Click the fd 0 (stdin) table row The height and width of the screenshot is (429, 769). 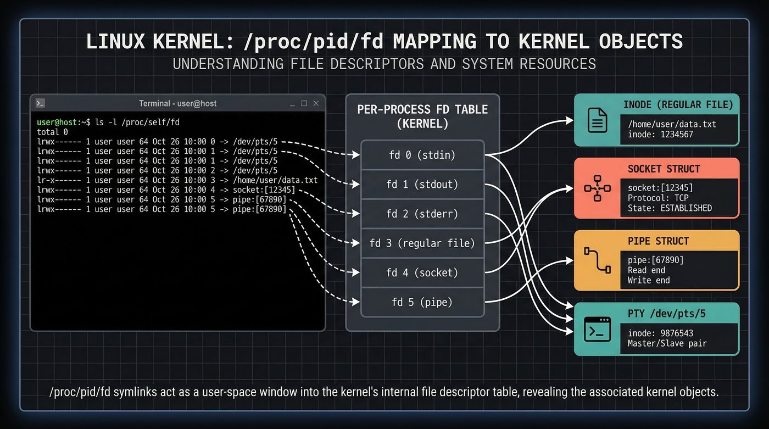click(422, 155)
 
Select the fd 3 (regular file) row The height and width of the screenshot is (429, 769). click(422, 243)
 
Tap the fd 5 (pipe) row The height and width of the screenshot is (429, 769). click(422, 302)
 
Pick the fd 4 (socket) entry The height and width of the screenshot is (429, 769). click(422, 272)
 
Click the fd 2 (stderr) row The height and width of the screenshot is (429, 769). click(422, 214)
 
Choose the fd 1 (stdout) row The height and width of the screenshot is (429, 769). click(422, 185)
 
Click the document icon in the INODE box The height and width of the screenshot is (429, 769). click(597, 120)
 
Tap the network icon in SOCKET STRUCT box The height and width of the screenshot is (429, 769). click(597, 188)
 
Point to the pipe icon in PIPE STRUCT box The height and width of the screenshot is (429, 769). click(597, 260)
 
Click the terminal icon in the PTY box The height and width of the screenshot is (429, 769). click(597, 330)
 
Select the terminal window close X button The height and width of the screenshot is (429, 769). click(316, 103)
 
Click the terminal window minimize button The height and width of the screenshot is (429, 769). click(291, 104)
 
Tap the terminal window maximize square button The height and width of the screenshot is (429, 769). click(304, 103)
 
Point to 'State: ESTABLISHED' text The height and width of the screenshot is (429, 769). click(670, 208)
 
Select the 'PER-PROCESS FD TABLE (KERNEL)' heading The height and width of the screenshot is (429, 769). click(422, 116)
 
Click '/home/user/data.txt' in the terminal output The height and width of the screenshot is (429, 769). click(275, 180)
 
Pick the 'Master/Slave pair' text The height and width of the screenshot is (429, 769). click(667, 343)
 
